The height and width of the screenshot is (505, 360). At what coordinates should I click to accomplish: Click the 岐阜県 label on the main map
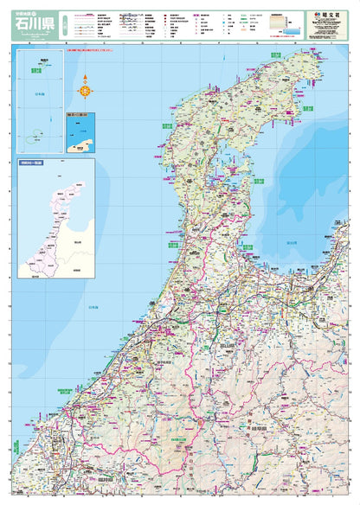(x=260, y=427)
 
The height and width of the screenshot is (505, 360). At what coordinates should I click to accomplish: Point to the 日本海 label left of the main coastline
(x=93, y=307)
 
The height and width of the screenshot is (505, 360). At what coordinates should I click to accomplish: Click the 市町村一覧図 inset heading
(x=33, y=162)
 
